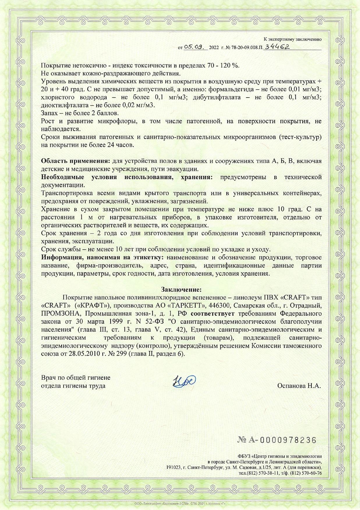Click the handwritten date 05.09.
(195, 47)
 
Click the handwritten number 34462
(277, 46)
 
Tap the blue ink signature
(184, 381)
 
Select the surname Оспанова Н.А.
(299, 386)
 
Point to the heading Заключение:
(181, 290)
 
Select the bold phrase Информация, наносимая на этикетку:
(103, 257)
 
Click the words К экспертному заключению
(292, 39)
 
